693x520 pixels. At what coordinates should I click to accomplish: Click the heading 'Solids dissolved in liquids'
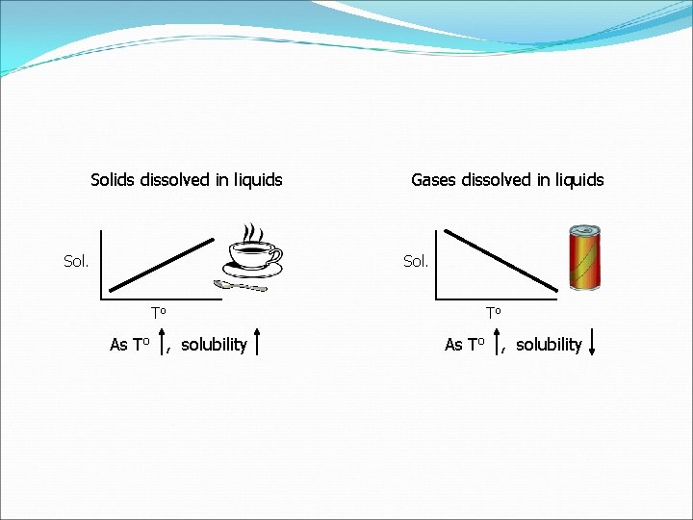(186, 180)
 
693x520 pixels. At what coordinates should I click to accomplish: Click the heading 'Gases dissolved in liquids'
(507, 180)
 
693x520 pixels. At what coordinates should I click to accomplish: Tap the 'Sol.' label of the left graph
(76, 261)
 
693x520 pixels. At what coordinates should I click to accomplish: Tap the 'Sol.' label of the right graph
(416, 261)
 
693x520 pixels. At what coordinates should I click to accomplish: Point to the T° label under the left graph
(159, 312)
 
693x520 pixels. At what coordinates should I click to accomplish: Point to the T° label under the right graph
(494, 312)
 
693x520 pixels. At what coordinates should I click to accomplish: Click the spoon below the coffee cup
(239, 285)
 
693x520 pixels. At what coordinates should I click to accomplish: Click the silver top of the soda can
(584, 231)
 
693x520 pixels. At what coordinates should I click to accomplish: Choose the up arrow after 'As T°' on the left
(163, 342)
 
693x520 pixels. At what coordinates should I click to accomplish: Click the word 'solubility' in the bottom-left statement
(214, 345)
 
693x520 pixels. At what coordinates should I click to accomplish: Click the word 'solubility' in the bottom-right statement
(549, 345)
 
